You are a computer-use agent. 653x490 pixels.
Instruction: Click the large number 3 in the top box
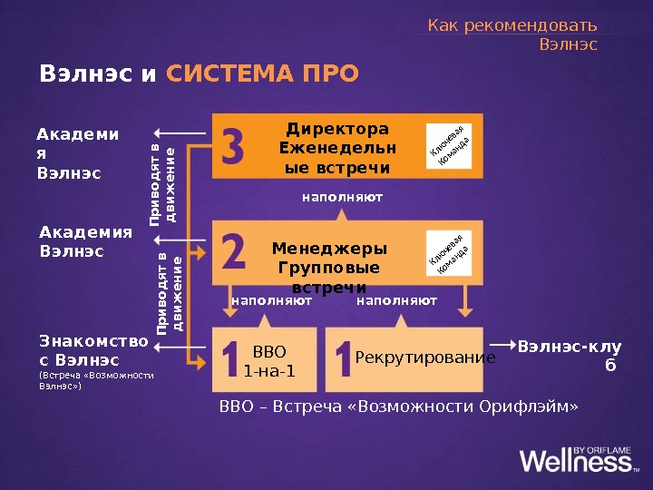[x=234, y=145]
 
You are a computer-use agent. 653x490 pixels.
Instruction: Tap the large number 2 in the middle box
[x=233, y=251]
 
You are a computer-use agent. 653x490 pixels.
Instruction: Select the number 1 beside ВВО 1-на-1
[x=231, y=358]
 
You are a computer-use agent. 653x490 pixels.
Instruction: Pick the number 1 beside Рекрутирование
[x=344, y=358]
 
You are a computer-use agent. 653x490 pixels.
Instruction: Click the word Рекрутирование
[x=425, y=358]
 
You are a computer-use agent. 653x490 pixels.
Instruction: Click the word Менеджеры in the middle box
[x=329, y=249]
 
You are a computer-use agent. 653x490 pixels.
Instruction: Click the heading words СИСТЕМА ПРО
[x=263, y=73]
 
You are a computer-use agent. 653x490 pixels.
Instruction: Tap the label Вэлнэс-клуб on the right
[x=569, y=355]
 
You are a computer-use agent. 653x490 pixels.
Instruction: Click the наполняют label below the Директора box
[x=342, y=196]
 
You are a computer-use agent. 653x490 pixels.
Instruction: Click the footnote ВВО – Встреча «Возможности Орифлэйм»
[x=398, y=405]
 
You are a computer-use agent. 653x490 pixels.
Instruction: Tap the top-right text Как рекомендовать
[x=512, y=24]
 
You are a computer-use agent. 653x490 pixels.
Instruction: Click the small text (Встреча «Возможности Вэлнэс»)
[x=96, y=380]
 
